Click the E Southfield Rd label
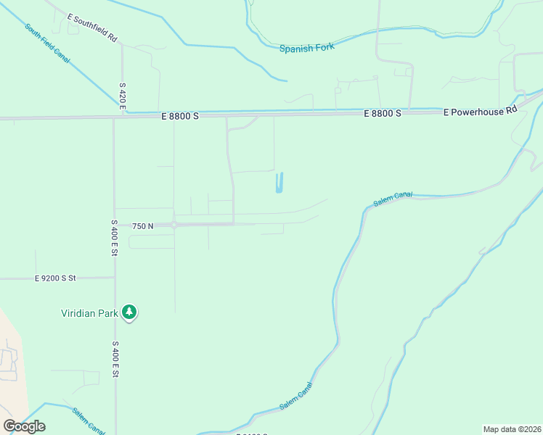pos(91,27)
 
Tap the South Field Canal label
pos(47,43)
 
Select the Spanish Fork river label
pos(306,49)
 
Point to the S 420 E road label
pos(123,96)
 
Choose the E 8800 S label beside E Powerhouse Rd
pos(383,114)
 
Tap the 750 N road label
pos(142,226)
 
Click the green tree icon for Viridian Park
pos(129,312)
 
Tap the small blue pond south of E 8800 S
pos(279,183)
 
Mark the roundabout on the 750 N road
pos(174,225)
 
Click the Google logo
pos(24,426)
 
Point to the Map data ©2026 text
pos(512,428)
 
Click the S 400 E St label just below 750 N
pos(115,237)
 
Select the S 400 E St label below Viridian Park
pos(115,360)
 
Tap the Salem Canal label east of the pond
pos(393,199)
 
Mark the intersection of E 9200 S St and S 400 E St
pos(115,278)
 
